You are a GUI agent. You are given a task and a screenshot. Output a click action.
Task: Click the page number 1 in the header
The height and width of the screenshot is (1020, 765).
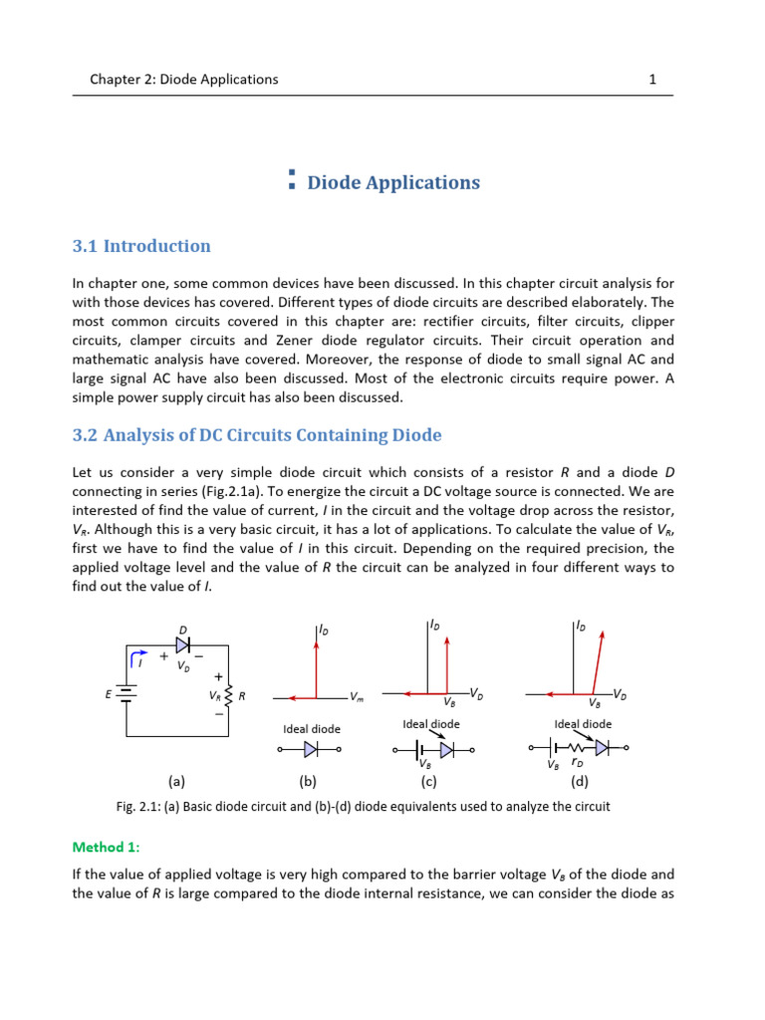[651, 79]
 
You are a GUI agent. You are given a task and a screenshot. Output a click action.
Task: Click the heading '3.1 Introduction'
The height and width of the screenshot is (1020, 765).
[141, 246]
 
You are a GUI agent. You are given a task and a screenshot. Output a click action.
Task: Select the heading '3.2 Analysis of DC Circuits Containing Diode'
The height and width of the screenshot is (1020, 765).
[257, 435]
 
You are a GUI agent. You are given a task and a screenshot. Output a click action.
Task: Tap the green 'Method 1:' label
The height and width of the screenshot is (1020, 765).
[107, 847]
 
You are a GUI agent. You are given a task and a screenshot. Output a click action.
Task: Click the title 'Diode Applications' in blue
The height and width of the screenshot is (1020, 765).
[392, 182]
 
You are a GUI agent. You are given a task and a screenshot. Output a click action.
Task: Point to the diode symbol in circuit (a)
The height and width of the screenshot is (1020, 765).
[182, 645]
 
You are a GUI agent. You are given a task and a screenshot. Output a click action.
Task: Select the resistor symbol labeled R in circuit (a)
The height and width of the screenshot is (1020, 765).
[229, 696]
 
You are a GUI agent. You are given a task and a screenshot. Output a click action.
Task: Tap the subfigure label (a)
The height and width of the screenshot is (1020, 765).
[176, 782]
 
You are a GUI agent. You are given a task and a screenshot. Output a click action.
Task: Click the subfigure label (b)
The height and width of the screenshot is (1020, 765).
[307, 782]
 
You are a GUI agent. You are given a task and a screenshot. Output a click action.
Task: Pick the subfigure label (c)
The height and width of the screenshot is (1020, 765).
[430, 782]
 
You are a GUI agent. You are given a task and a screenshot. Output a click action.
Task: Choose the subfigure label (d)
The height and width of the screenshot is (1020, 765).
[580, 782]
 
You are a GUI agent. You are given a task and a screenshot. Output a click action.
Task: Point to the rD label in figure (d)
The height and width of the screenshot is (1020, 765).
[578, 764]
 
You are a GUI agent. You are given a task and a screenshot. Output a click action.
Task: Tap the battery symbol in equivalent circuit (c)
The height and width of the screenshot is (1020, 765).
[425, 749]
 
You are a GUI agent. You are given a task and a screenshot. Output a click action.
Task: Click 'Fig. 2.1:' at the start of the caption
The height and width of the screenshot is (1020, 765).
[140, 806]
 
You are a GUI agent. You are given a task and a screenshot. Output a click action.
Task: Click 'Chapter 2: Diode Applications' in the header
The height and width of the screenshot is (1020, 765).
[176, 79]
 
